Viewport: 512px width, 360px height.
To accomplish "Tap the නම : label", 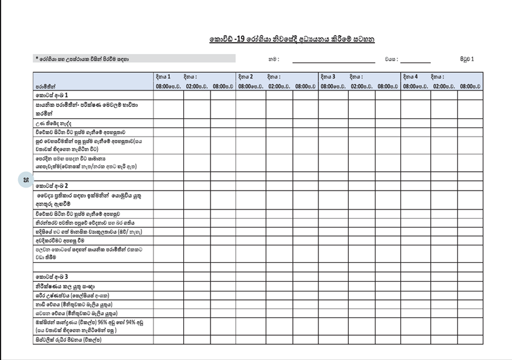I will tap(274, 59).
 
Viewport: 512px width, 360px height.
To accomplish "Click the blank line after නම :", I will tap(333, 61).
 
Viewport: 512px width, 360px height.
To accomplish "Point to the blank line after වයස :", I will tap(416, 61).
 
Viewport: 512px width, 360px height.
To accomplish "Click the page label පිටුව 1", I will tap(467, 59).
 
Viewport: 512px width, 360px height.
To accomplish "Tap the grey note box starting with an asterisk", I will tap(134, 59).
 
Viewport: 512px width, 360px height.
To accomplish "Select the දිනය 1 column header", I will tap(162, 77).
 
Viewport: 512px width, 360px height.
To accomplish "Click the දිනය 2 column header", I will tap(245, 77).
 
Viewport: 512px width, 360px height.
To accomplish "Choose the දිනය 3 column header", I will tap(328, 77).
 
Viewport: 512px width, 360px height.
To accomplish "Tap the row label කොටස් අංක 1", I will tap(52, 95).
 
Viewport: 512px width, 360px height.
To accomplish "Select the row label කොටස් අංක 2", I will tap(52, 185).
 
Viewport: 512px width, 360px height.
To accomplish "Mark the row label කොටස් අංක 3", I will tap(52, 276).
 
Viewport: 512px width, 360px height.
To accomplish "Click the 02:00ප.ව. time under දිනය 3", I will tap(361, 86).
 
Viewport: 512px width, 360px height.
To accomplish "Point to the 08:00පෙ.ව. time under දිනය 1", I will tap(168, 86).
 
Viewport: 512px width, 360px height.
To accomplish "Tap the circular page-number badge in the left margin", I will tap(25, 180).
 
